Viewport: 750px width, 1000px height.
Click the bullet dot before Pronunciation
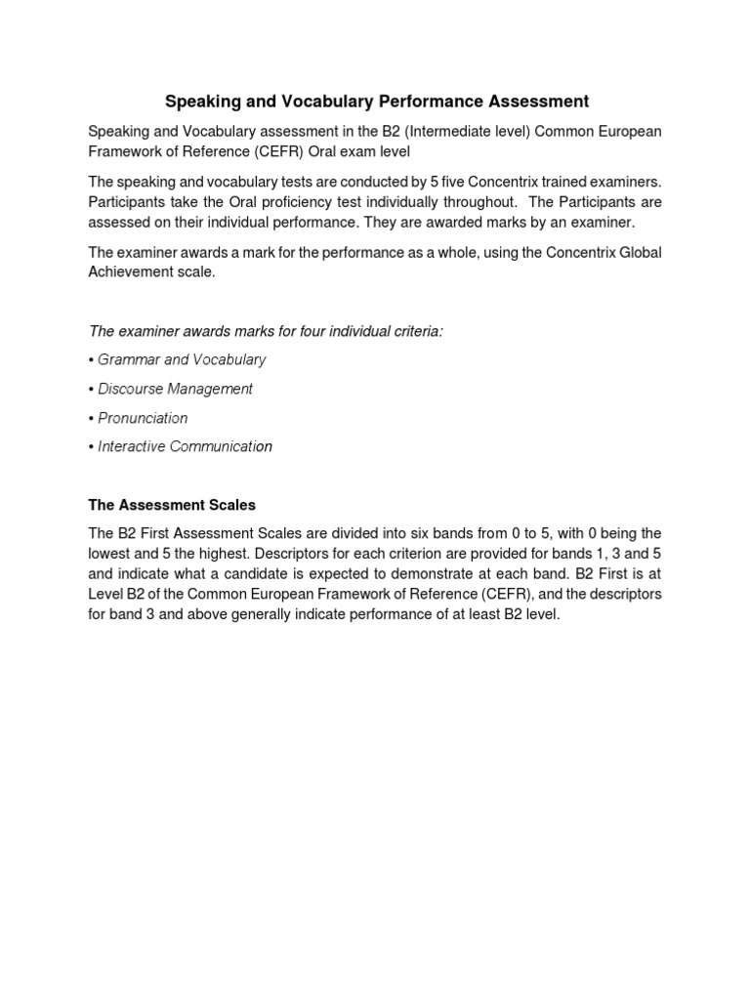91,418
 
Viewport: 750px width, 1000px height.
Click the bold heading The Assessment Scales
172,505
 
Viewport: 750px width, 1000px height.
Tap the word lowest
111,555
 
